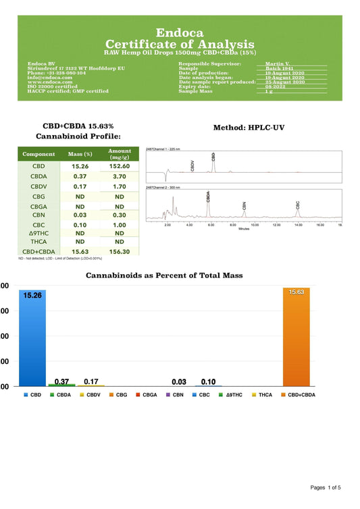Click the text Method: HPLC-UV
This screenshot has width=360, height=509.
[247, 127]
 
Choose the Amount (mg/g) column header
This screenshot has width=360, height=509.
[120, 154]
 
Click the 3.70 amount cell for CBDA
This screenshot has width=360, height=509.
[120, 176]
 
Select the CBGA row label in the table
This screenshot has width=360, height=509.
[39, 206]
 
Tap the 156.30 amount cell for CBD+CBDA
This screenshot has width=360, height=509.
[120, 251]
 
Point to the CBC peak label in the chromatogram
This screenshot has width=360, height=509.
[297, 204]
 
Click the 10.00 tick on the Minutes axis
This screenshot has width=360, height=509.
[255, 225]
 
